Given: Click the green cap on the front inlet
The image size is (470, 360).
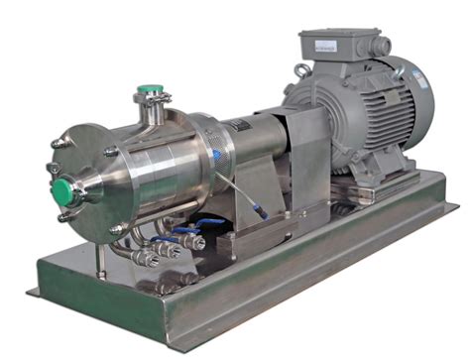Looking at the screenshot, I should (x=62, y=189).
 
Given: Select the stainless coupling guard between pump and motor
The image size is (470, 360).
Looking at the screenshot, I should (x=297, y=149).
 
